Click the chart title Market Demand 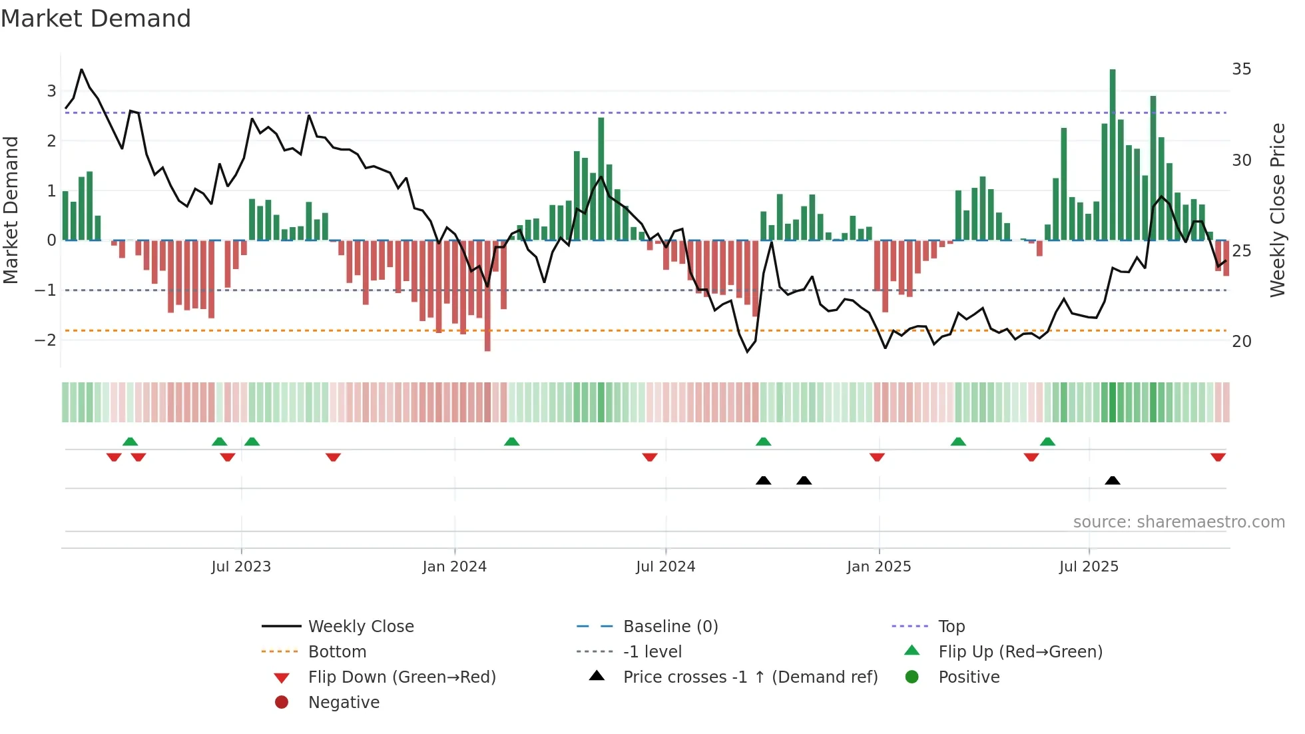click(96, 19)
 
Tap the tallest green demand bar click(1113, 153)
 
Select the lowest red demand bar click(487, 296)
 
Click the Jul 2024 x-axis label click(665, 567)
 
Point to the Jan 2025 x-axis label click(879, 567)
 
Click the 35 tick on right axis click(1241, 69)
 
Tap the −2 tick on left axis click(45, 340)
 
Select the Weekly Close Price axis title click(1277, 210)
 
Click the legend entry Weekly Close click(361, 627)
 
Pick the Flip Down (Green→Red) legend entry click(401, 677)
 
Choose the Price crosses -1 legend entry click(750, 677)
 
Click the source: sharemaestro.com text click(1178, 522)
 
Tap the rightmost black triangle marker click(1113, 480)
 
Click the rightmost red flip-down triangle click(1218, 458)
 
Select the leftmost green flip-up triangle click(130, 442)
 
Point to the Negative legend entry click(344, 703)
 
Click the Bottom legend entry click(337, 652)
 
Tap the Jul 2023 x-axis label click(241, 567)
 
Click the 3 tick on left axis click(51, 91)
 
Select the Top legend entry click(951, 627)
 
